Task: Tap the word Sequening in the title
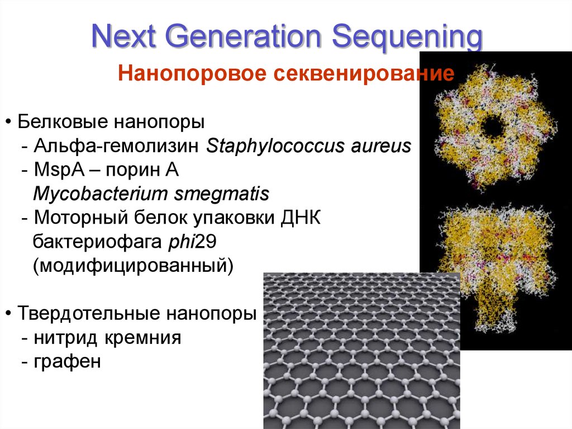[408, 38]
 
